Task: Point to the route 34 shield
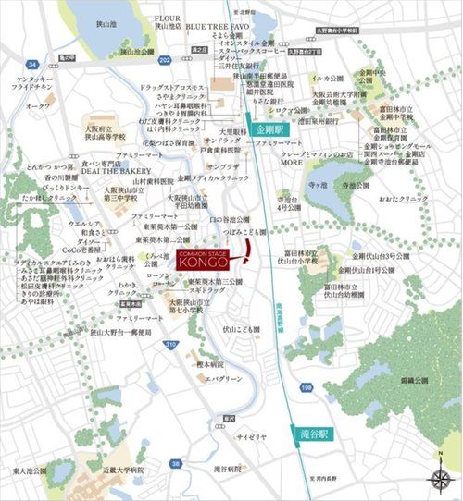31,65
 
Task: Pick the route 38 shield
176,462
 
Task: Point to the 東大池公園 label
29,470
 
